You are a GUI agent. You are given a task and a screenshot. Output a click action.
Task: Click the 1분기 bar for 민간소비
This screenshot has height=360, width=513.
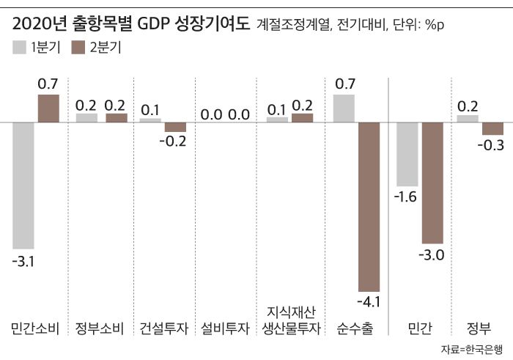24,185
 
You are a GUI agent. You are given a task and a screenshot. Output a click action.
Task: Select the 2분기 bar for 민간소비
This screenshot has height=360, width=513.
48,108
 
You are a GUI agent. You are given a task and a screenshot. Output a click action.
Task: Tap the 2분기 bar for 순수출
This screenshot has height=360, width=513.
368,207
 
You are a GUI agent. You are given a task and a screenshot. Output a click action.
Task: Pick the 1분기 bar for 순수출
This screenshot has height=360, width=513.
344,108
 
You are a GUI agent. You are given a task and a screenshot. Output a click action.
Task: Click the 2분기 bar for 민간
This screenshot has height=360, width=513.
432,183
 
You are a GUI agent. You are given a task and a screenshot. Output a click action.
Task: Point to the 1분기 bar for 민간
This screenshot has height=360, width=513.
407,154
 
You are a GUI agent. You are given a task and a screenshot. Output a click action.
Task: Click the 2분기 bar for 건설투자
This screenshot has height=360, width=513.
175,127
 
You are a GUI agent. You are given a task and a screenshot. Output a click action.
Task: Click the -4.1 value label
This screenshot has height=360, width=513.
368,302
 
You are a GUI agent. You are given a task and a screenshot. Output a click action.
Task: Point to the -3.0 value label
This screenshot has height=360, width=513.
432,254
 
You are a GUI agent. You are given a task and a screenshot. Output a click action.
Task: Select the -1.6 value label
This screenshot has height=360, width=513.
407,197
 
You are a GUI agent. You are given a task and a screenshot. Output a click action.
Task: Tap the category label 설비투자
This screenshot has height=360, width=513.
226,327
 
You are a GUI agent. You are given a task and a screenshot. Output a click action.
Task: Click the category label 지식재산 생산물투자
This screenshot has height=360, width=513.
291,320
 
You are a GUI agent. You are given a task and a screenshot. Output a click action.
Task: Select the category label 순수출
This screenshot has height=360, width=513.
356,327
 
